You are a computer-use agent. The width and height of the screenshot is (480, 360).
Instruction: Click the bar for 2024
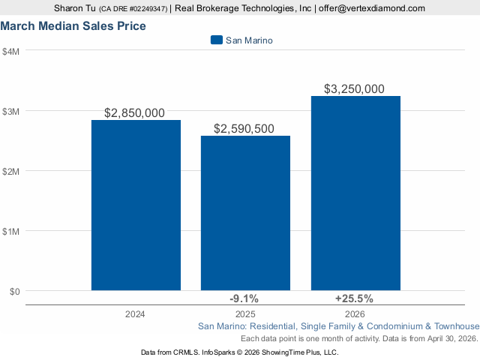click(136, 205)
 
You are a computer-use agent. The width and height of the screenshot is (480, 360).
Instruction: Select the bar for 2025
click(245, 213)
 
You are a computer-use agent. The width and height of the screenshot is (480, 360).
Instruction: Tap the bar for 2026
click(355, 193)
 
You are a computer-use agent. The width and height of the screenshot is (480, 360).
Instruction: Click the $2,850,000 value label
click(134, 113)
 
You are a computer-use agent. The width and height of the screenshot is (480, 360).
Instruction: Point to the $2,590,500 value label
click(244, 129)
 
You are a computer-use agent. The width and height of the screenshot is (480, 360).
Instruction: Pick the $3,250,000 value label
click(354, 89)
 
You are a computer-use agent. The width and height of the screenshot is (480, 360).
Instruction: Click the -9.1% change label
click(244, 298)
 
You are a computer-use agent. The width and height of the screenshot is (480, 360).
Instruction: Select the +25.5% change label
click(354, 298)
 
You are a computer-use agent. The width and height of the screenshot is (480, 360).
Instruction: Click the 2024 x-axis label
click(136, 313)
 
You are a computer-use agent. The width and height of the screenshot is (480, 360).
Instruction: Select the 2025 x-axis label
click(245, 313)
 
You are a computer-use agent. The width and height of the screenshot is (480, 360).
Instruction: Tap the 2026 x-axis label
click(355, 313)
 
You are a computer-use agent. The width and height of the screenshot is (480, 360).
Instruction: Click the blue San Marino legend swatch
click(217, 40)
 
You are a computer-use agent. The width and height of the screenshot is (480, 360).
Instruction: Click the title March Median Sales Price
click(73, 26)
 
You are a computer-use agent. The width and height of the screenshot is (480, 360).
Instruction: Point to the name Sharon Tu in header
click(74, 8)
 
